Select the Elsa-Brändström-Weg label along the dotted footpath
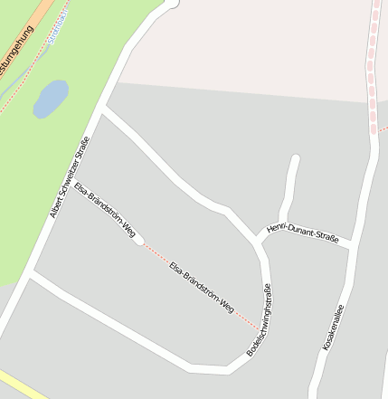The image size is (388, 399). coord(202,286)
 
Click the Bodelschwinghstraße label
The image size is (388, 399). coord(260,319)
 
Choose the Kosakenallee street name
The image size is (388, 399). coord(333,328)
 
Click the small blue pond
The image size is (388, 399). coord(51,99)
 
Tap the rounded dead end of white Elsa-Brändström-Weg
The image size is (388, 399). coord(137,240)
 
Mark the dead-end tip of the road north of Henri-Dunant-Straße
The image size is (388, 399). coord(294,160)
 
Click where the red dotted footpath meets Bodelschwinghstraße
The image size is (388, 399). coord(261,326)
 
